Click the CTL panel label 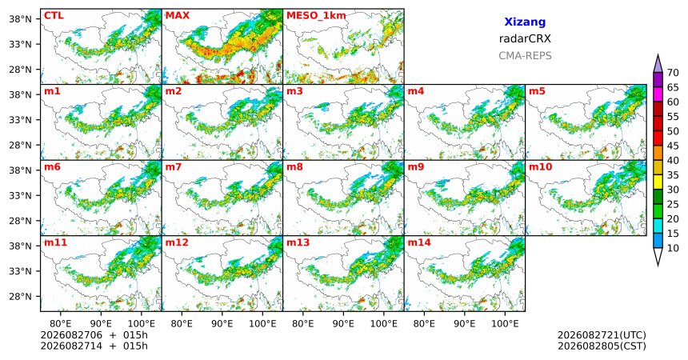54,16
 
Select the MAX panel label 178,16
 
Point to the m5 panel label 537,91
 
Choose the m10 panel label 540,167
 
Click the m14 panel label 419,242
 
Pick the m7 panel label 173,167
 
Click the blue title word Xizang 525,22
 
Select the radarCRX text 525,38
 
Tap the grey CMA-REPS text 525,56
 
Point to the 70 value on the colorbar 673,73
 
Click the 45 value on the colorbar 673,146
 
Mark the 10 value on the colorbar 673,248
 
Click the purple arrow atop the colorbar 658,64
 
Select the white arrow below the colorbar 658,256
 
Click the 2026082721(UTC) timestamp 602,335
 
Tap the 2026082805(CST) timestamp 602,346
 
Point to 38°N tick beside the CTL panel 20,19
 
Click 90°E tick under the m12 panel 222,324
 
